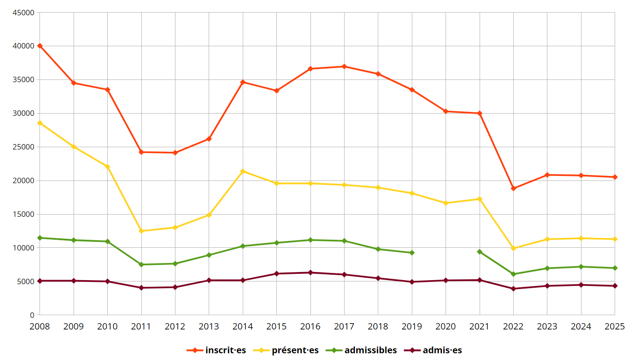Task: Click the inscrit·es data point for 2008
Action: point(40,46)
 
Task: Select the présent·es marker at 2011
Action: point(141,231)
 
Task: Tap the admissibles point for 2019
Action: point(412,253)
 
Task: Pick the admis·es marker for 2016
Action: point(310,272)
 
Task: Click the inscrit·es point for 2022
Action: point(513,188)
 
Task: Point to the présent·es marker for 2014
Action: point(243,171)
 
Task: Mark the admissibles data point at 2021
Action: point(480,252)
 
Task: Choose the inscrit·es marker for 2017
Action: point(344,66)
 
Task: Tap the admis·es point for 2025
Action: point(615,286)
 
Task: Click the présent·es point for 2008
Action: point(40,123)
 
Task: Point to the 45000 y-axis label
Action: point(23,13)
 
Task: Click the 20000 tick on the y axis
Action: point(23,180)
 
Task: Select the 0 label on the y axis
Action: point(32,315)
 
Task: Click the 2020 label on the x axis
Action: point(446,326)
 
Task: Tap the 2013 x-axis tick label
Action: point(209,326)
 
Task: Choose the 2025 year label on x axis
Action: point(615,326)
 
